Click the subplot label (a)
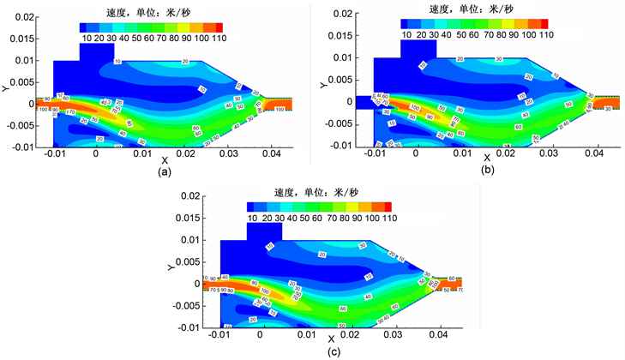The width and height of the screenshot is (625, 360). coord(162,171)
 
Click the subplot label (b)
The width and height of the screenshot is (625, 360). coord(489,171)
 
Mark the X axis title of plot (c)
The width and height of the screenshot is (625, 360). coord(331,339)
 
